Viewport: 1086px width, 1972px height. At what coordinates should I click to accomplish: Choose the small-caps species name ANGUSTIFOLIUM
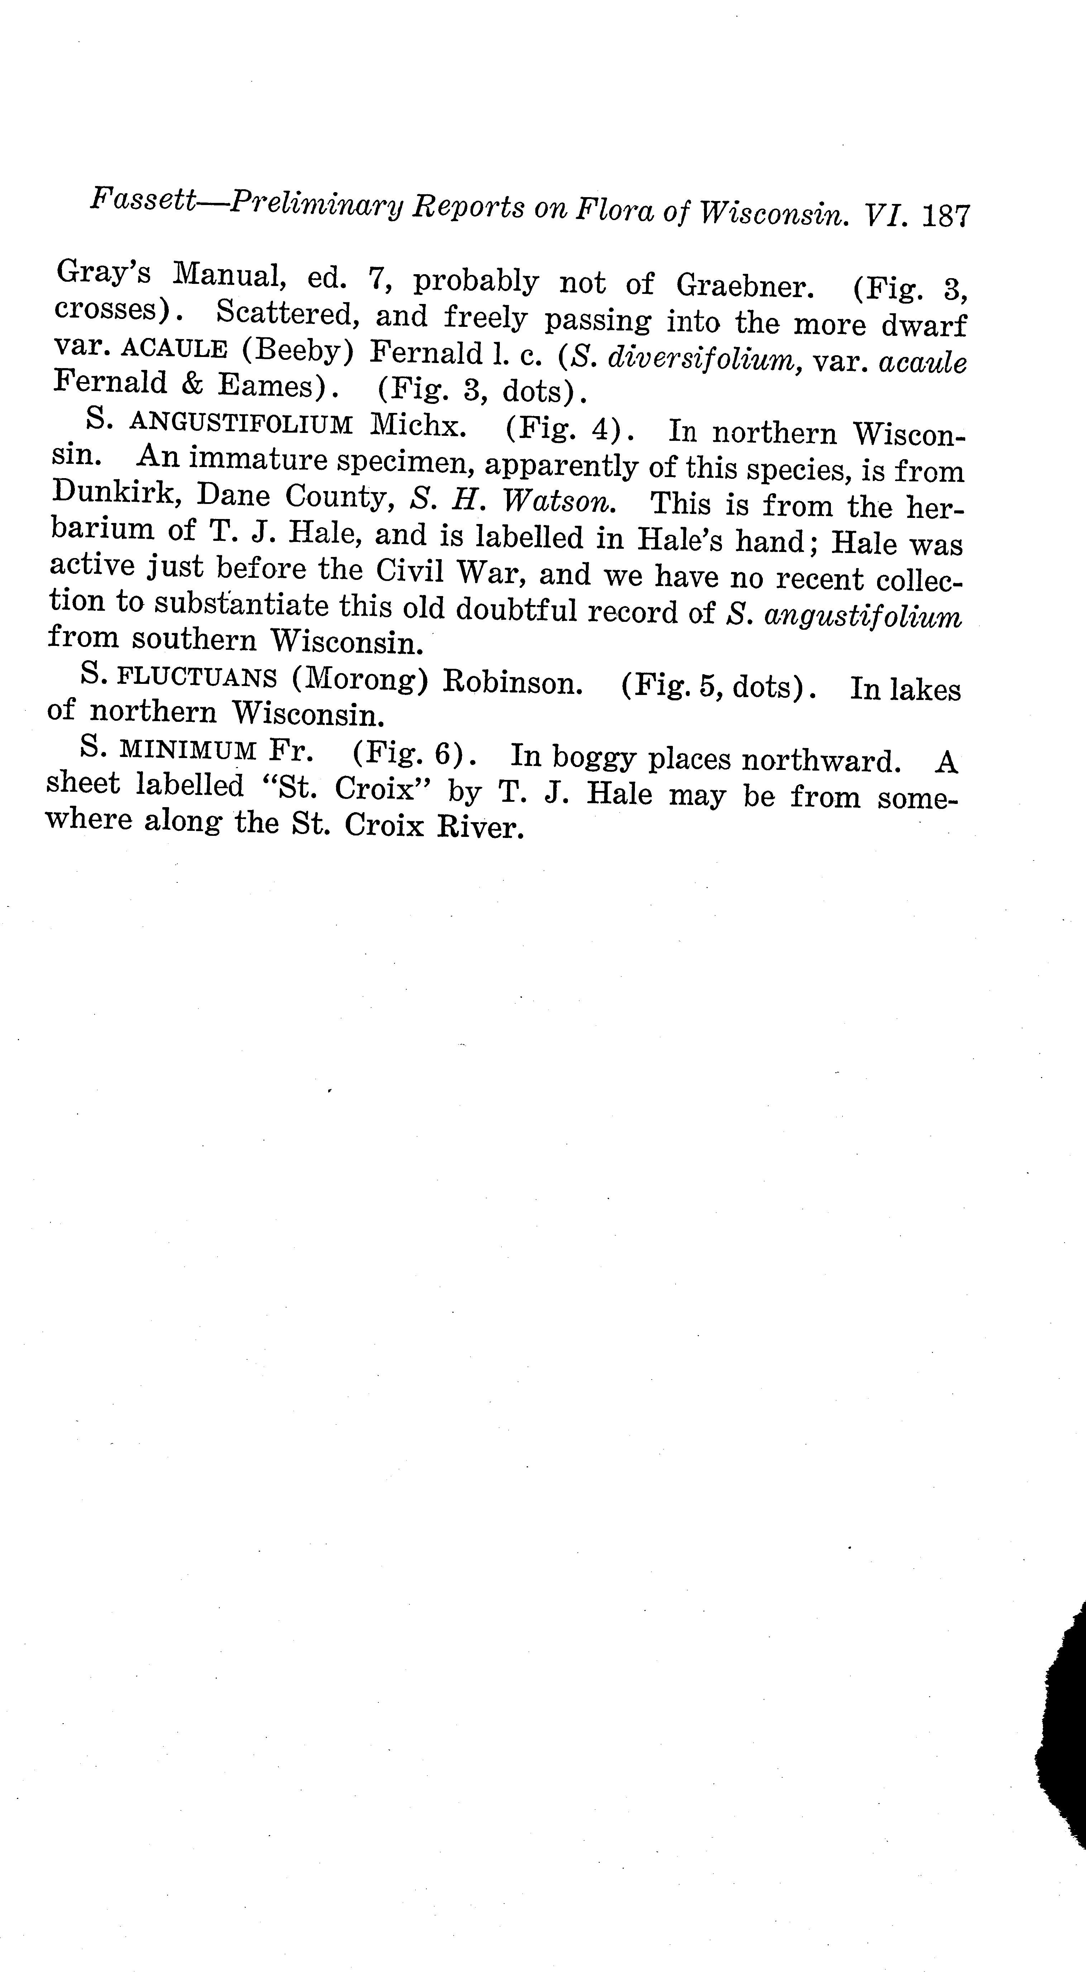tap(241, 423)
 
